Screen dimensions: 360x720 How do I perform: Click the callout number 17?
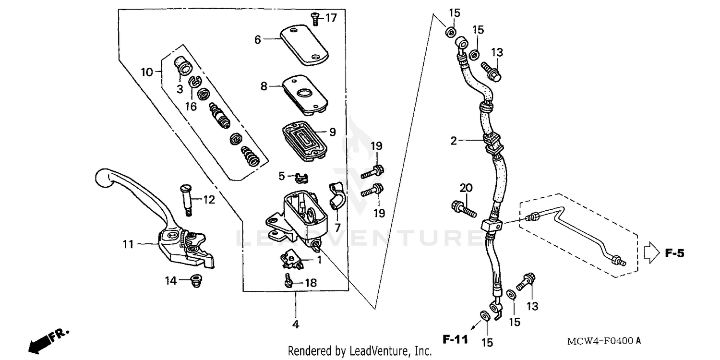[331, 18]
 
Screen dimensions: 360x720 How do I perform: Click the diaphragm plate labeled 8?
[305, 94]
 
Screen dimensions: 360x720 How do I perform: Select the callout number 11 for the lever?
[128, 244]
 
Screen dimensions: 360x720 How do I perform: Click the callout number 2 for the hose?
[453, 141]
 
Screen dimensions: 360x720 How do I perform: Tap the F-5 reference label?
[674, 253]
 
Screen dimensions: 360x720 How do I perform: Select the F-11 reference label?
[454, 340]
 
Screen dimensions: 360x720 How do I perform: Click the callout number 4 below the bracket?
[296, 325]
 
